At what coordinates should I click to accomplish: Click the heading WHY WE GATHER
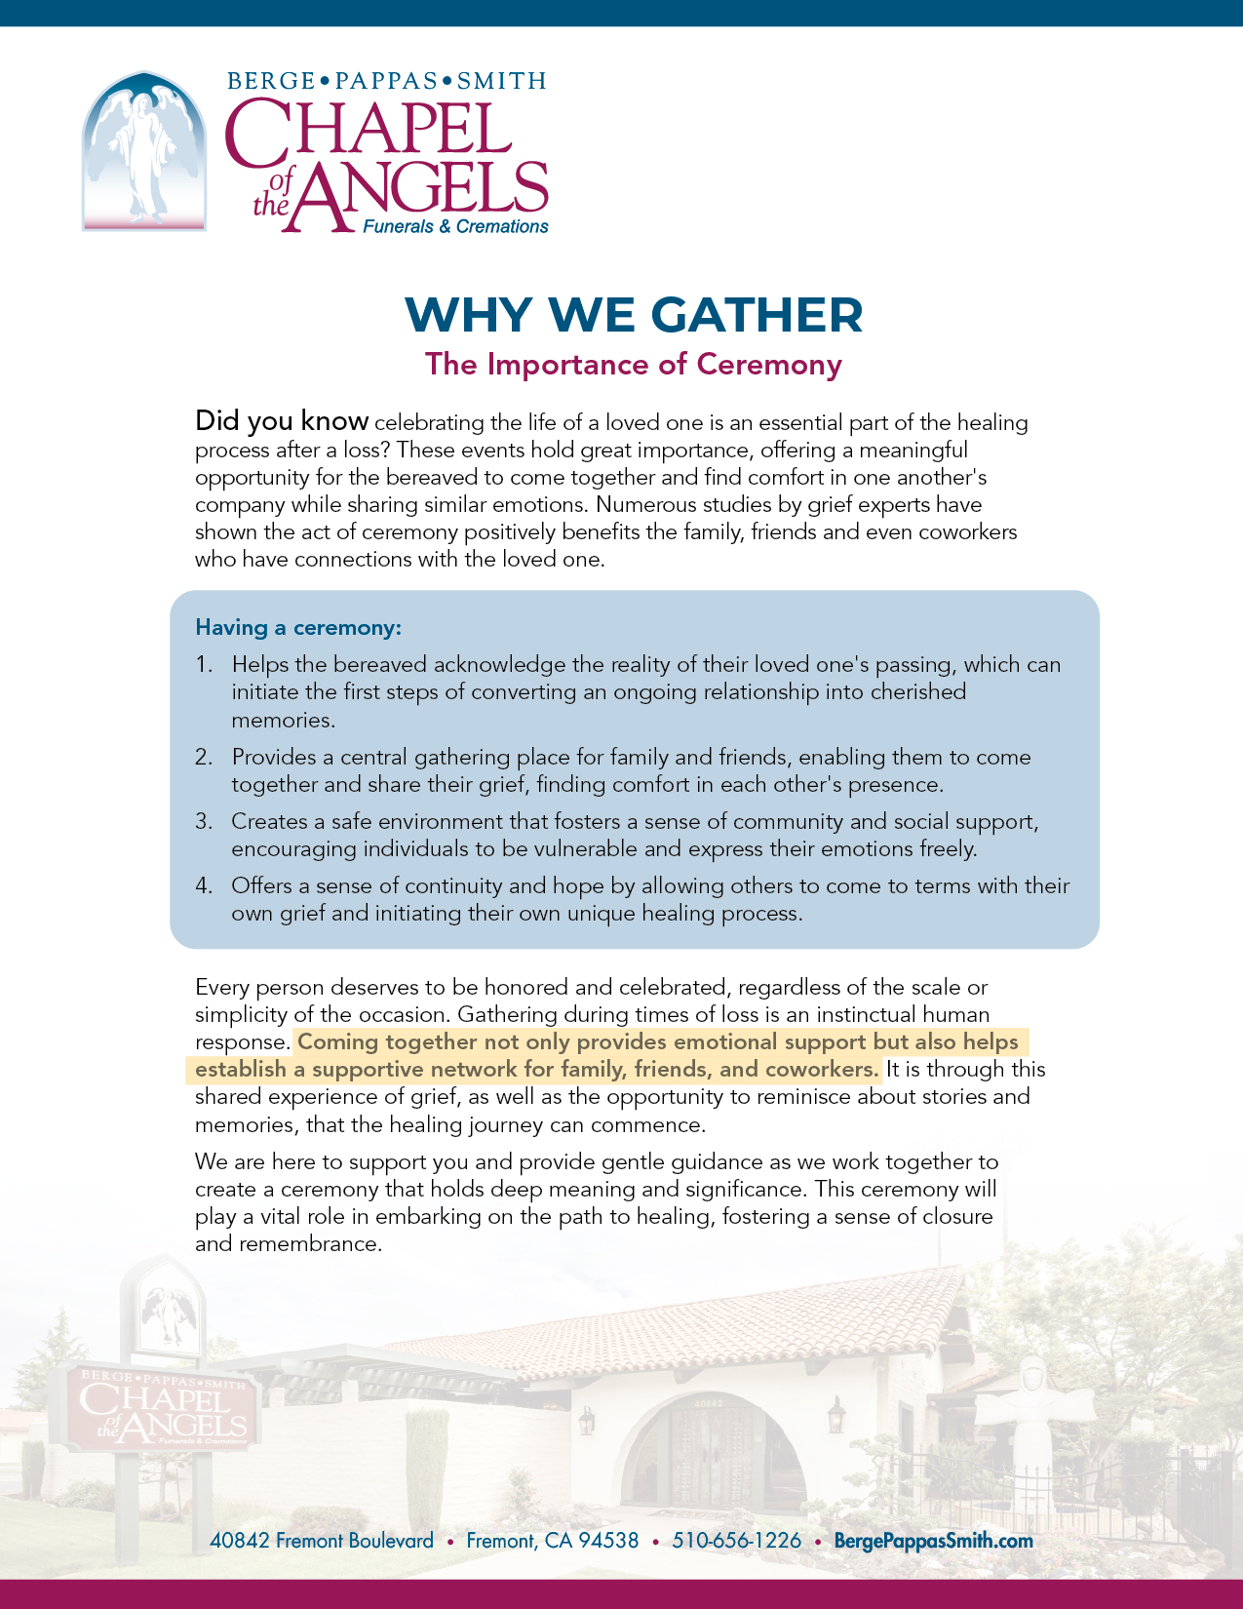click(x=634, y=315)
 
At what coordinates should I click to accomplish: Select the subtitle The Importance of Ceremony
click(x=634, y=365)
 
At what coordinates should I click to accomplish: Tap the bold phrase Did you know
click(x=282, y=421)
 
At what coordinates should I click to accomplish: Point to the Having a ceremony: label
click(x=298, y=627)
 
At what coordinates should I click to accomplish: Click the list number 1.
click(x=203, y=665)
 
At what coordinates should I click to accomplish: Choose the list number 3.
click(x=203, y=822)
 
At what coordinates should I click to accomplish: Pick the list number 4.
click(x=203, y=886)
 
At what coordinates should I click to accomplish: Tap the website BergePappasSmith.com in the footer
click(x=933, y=1541)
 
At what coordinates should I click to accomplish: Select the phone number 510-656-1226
click(x=736, y=1541)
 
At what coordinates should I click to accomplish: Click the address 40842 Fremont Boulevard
click(x=322, y=1541)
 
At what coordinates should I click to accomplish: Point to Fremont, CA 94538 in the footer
click(x=553, y=1541)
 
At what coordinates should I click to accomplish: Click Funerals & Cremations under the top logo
click(x=455, y=227)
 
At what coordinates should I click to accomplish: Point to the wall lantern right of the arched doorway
click(x=835, y=1416)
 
